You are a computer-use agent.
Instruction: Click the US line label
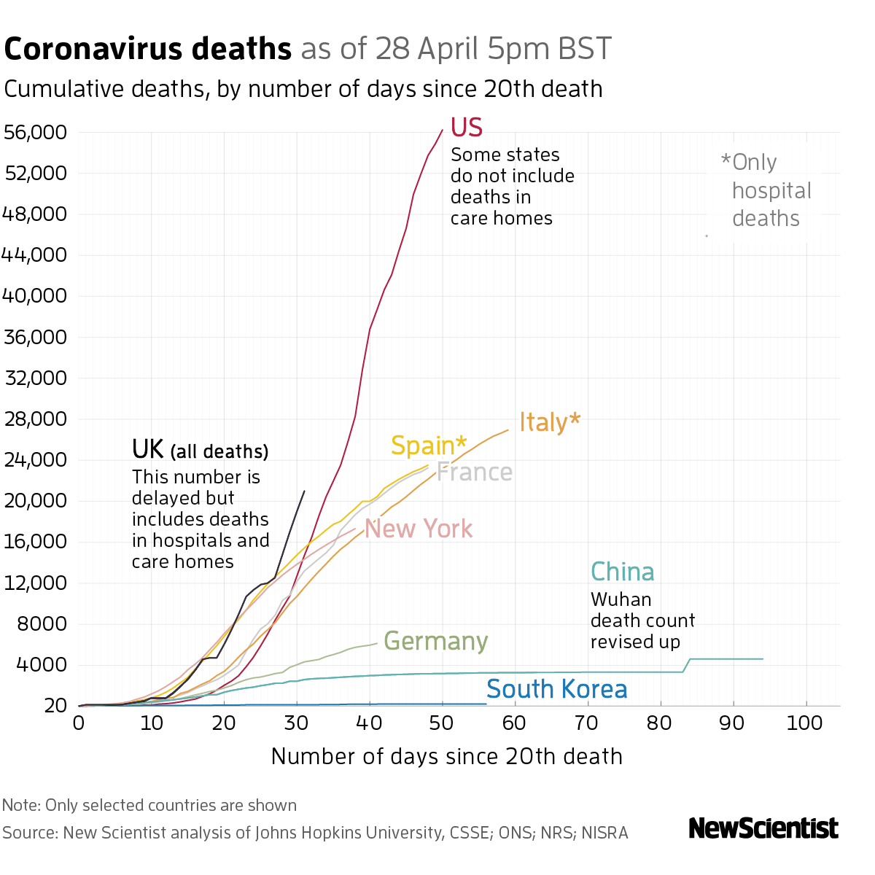coord(467,128)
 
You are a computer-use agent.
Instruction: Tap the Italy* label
coord(550,422)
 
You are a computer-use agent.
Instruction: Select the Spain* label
coord(429,446)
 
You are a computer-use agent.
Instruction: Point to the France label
coord(475,472)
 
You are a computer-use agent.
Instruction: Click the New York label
coord(419,529)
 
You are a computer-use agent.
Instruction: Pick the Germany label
coord(435,642)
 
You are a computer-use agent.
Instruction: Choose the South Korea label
coord(556,689)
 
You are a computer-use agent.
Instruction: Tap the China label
coord(622,572)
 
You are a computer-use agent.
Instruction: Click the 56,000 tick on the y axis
coord(35,133)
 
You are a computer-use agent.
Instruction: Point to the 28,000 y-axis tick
coord(35,419)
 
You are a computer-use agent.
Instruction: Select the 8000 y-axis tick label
coord(41,624)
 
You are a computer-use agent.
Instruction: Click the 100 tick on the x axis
coord(805,723)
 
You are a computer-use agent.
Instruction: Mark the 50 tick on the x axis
coord(442,723)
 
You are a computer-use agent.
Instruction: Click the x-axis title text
coord(446,756)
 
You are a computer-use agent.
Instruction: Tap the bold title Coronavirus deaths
coord(148,49)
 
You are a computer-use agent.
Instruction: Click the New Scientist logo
coord(763,828)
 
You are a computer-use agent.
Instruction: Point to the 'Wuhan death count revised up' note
coord(642,621)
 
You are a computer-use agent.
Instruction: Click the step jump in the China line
coord(686,665)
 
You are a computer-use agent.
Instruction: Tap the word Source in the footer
coord(28,833)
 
